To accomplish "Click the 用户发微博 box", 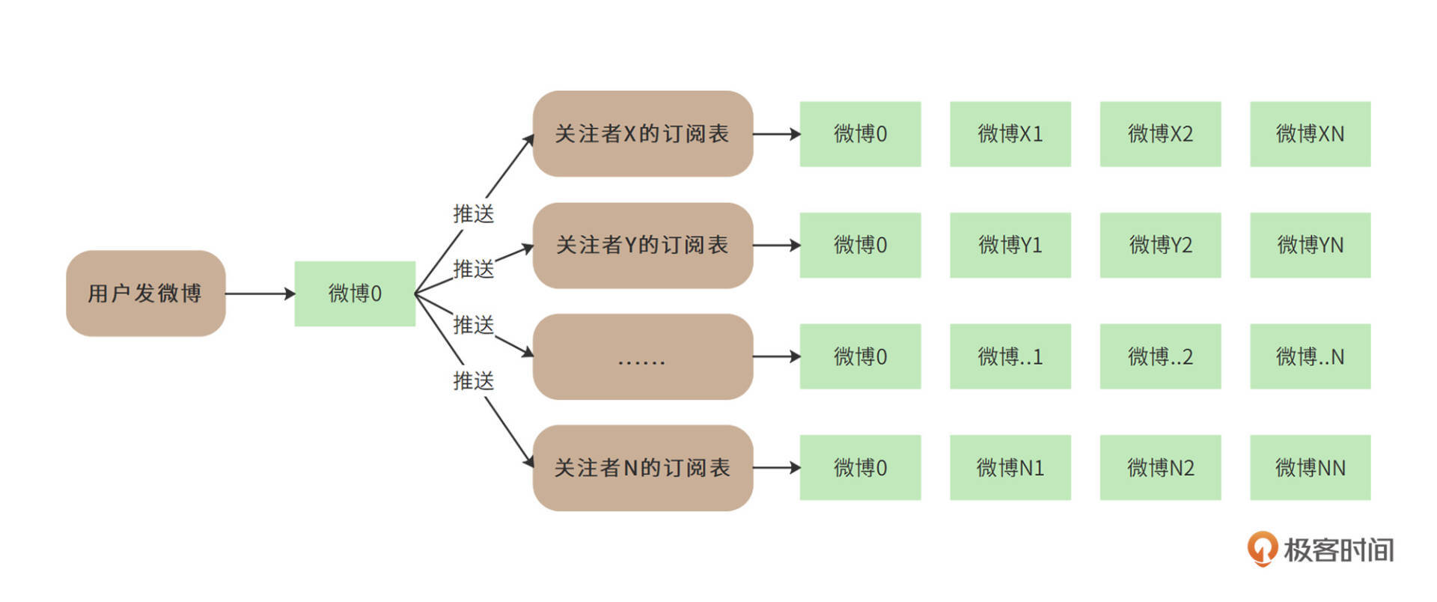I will [145, 293].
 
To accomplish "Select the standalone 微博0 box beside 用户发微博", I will [355, 293].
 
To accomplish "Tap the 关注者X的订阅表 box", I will [642, 134].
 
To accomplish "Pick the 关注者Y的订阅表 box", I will [642, 245].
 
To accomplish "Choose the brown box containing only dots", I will [642, 356].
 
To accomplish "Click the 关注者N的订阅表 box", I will [642, 468].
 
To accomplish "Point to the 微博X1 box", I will [1010, 134].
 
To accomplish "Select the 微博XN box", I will [1310, 134].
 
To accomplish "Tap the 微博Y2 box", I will [1160, 245].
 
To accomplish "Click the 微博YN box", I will [1310, 245].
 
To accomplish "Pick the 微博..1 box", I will [1010, 356].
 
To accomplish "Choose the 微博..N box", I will [1310, 356].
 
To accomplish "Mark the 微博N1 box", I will [1010, 468].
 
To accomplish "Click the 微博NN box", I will [1310, 468].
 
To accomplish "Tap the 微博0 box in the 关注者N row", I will [860, 468].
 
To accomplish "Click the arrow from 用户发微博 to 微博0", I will [260, 294].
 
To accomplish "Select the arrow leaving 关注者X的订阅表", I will [776, 135].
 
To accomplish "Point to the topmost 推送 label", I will [474, 214].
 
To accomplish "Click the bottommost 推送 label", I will [474, 381].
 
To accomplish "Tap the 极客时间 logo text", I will [1338, 550].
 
